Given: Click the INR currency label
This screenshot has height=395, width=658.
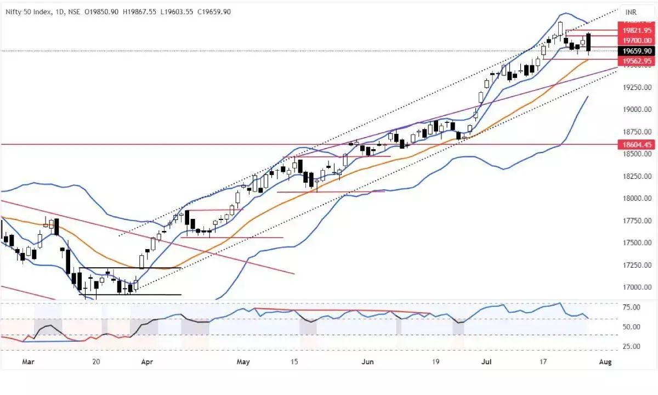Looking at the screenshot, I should coord(632,12).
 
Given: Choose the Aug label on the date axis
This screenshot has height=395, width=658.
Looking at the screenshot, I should coord(605,362).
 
